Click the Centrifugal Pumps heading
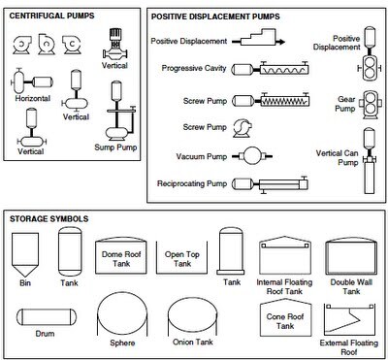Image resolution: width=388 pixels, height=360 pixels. click(51, 16)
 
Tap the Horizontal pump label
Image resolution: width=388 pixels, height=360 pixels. click(33, 98)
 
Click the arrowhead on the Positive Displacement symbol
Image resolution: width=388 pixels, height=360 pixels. click(282, 42)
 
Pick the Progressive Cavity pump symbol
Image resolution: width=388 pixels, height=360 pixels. click(271, 68)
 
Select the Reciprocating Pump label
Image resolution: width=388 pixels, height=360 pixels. click(192, 183)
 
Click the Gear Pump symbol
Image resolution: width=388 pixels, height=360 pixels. click(370, 105)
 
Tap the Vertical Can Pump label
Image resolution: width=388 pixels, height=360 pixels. click(338, 157)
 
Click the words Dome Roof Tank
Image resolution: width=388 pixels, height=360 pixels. click(121, 259)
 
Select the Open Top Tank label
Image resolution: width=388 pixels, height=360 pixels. click(182, 259)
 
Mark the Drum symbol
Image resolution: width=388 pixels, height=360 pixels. click(47, 317)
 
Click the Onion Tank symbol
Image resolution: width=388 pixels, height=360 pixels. click(193, 315)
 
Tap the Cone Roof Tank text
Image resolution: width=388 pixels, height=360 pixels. click(285, 321)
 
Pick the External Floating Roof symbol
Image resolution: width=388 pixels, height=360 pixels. click(349, 319)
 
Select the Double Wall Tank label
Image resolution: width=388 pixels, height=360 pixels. click(351, 286)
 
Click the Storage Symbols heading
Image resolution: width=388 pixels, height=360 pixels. click(48, 218)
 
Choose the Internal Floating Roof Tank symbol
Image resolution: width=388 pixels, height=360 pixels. click(285, 255)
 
